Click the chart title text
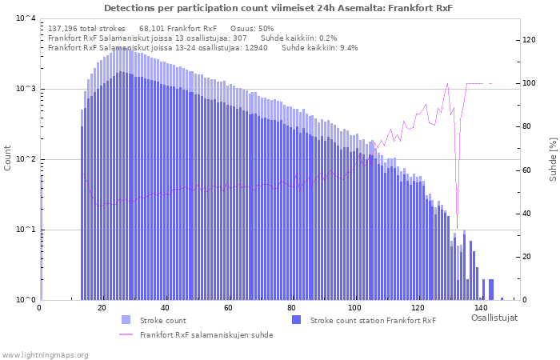coord(278,8)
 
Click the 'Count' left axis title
coord(8,158)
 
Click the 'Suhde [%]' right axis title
coord(552,158)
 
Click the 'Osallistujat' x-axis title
coord(494,318)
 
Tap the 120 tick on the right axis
coord(529,40)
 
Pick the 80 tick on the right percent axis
coord(526,126)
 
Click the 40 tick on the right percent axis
coord(526,214)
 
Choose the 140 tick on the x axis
coord(480,308)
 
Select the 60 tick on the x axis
coord(228,308)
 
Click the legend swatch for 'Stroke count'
coord(126,321)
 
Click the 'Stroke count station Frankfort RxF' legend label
coord(373,321)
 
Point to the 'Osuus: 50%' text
coord(252,29)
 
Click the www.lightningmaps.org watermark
coord(46,354)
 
